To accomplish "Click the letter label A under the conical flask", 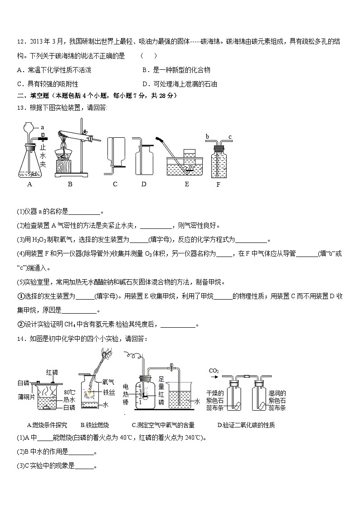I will click(x=30, y=184).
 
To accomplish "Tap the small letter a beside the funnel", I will click(x=42, y=128).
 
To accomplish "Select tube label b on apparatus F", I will click(x=207, y=124).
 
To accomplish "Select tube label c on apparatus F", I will click(x=230, y=124).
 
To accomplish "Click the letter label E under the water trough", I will click(x=187, y=184).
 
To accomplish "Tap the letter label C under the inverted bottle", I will click(x=115, y=184).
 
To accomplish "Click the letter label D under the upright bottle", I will click(x=144, y=184).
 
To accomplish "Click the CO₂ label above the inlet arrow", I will click(x=214, y=371).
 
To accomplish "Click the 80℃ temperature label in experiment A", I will click(x=69, y=392).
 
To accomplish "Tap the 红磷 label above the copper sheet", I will click(x=52, y=372).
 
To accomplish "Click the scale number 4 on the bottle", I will click(x=141, y=385).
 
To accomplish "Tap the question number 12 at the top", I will click(x=20, y=42).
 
